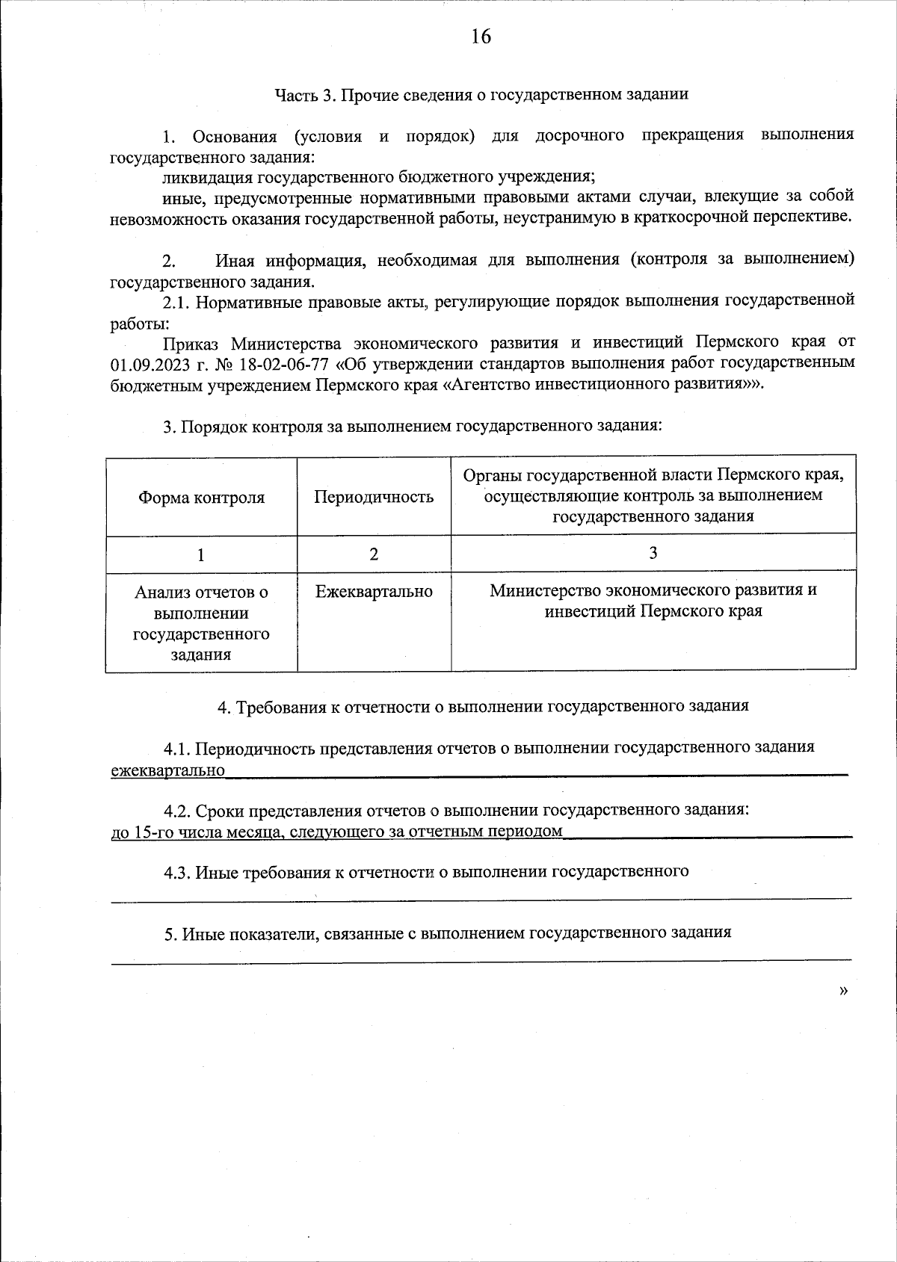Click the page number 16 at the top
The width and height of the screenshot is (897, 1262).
coord(481,37)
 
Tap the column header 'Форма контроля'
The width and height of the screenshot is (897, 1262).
coord(201,498)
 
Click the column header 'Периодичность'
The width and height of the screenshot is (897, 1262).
coord(374,498)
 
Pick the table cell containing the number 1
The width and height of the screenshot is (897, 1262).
coord(201,554)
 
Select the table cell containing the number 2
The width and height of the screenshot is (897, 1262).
coord(374,554)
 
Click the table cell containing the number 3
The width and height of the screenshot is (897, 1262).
coord(653,553)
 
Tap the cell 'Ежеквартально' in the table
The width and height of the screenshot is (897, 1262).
coord(374,592)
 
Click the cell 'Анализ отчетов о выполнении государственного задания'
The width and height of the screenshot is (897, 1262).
coord(201,623)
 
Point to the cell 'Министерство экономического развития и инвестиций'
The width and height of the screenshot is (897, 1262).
coord(653,601)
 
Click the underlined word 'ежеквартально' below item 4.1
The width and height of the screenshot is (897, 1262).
coord(168,770)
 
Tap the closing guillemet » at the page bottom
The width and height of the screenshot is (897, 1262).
coord(844,991)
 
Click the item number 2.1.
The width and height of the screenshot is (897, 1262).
coord(176,302)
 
